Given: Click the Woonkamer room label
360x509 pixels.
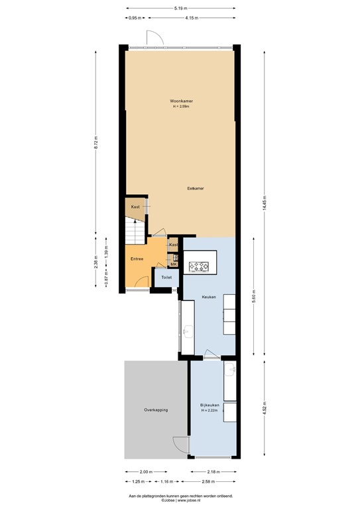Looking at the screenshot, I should pos(181,101).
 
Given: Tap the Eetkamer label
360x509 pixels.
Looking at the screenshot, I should pos(196,188).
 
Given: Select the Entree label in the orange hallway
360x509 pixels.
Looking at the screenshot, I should pos(137,259).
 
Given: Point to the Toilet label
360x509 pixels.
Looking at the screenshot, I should pos(166,277).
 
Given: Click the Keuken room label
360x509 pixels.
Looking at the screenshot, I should pos(210,298).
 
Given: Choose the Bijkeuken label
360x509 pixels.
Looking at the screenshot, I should pos(210,405).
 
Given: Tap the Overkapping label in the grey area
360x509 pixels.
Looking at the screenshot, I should pos(156,410).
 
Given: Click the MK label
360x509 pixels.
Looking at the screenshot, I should pos(174,264).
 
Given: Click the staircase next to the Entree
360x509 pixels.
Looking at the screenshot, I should pos(135,228).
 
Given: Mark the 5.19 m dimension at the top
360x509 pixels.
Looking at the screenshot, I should pos(180,8).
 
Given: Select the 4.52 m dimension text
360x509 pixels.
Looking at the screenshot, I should pos(265,407).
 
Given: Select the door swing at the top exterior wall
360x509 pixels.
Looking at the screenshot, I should pos(154,39).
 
